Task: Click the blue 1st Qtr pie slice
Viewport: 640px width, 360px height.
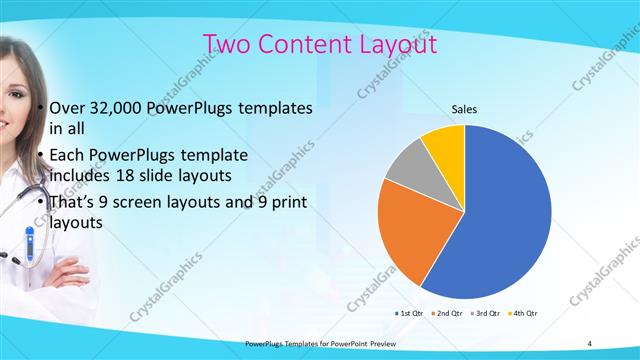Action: (x=500, y=215)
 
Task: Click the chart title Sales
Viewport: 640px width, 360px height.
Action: (x=464, y=108)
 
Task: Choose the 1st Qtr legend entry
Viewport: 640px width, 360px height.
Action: (x=410, y=314)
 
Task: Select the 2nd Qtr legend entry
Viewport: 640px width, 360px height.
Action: (x=446, y=314)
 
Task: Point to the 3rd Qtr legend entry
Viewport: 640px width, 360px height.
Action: (x=483, y=314)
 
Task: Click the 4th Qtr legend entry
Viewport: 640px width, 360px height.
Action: (x=520, y=314)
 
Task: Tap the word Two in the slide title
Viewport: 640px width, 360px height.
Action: (x=227, y=45)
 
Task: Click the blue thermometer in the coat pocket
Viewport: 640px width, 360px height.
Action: (x=30, y=242)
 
